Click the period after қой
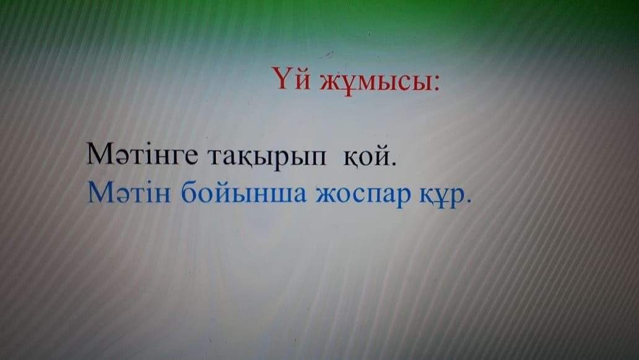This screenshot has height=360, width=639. point(393,162)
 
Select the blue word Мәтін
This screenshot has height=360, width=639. point(129,192)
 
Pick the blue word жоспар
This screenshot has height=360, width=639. point(363,196)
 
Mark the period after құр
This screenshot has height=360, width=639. point(468,200)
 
